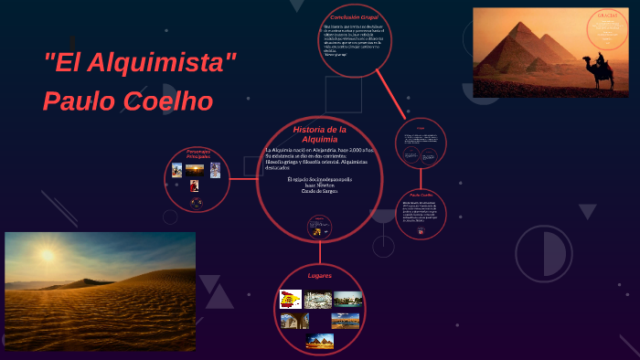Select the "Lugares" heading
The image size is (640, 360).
pyautogui.click(x=320, y=275)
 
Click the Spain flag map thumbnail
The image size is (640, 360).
pyautogui.click(x=291, y=299)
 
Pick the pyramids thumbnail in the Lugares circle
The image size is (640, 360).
pyautogui.click(x=320, y=340)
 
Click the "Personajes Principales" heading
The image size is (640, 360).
pyautogui.click(x=198, y=154)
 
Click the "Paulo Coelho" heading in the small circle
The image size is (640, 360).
pyautogui.click(x=421, y=196)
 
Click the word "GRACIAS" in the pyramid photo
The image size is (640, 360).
pyautogui.click(x=608, y=16)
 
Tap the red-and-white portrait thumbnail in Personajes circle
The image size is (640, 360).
pyautogui.click(x=195, y=185)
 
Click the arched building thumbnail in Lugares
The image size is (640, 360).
pyautogui.click(x=294, y=321)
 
